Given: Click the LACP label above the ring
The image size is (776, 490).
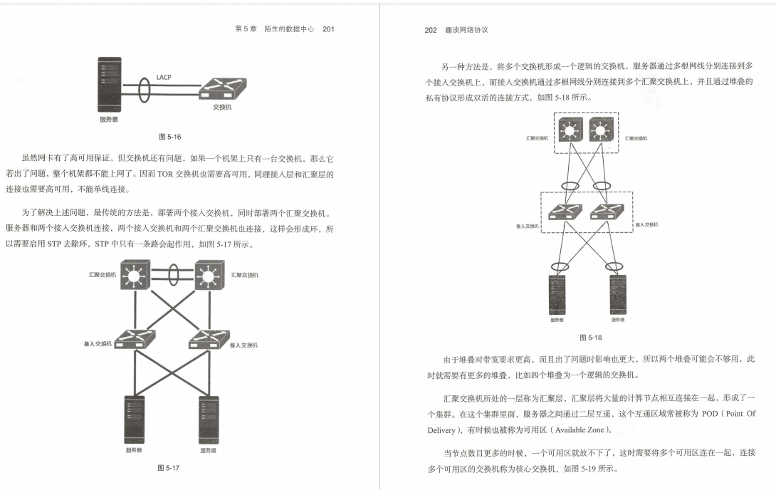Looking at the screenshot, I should (164, 77).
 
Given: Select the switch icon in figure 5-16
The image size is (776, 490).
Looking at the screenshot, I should (221, 90).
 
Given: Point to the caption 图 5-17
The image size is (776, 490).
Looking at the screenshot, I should (168, 468).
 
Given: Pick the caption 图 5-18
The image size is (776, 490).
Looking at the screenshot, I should (590, 338).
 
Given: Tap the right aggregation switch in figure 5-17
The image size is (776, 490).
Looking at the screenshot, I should (209, 276).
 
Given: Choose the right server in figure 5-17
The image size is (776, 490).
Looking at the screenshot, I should (208, 418).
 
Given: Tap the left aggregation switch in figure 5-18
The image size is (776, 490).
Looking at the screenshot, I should (570, 130).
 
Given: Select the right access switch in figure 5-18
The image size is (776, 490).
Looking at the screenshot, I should (607, 212).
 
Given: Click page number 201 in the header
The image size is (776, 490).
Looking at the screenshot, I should (328, 29).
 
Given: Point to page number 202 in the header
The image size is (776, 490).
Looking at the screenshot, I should (430, 31).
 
